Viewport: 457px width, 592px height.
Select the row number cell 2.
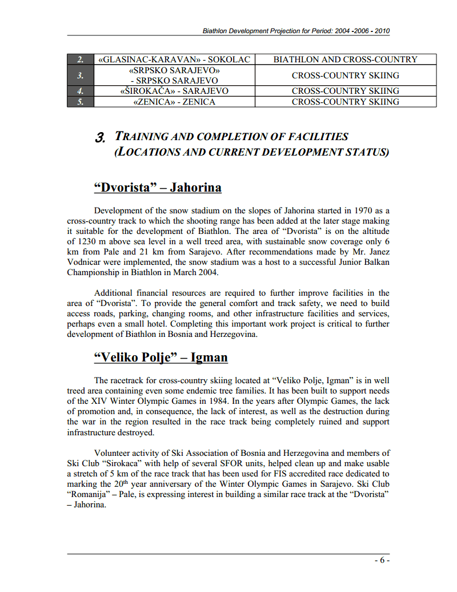coord(81,59)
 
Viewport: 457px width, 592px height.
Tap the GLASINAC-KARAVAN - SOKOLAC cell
coord(174,59)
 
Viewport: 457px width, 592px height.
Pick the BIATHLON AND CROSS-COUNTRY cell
coord(345,59)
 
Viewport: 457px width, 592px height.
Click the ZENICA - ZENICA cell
coord(174,102)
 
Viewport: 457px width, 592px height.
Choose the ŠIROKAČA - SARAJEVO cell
coord(174,91)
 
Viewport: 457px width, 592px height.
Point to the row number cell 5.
coord(81,102)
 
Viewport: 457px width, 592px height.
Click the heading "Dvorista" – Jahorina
coord(157,188)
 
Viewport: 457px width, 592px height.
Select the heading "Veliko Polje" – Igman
coord(161,357)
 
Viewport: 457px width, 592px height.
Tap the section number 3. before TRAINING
coord(101,137)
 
